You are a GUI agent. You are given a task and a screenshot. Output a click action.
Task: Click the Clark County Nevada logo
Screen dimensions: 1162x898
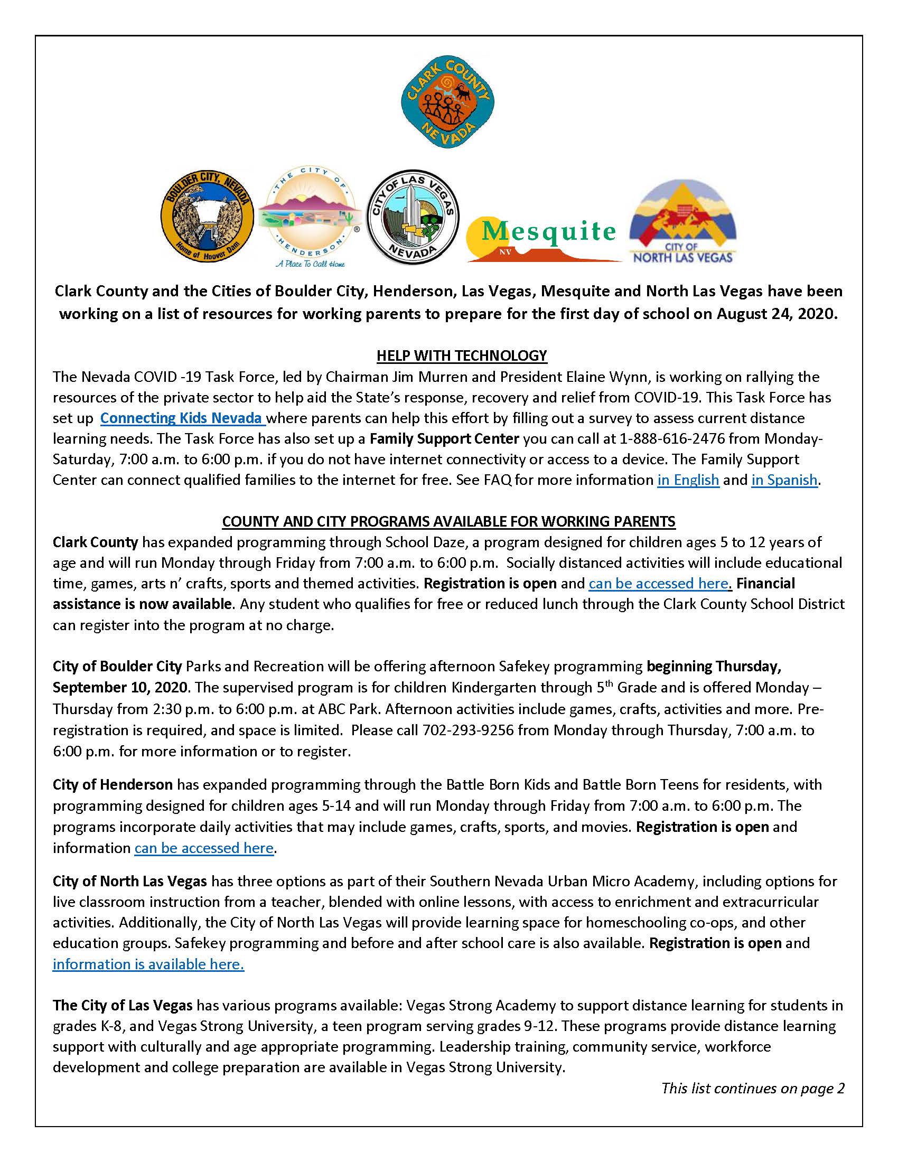[x=448, y=101]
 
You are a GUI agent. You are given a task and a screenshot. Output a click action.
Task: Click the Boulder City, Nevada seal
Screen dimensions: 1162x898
[x=207, y=217]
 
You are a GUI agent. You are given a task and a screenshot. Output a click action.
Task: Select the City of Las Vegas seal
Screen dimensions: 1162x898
[x=413, y=217]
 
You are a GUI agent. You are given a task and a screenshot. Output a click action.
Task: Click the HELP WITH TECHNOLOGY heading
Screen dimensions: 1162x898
[x=461, y=355]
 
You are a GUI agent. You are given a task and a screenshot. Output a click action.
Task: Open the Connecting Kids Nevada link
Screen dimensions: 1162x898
[x=182, y=418]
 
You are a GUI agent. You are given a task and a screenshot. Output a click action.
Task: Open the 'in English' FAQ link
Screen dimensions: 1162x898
[x=688, y=480]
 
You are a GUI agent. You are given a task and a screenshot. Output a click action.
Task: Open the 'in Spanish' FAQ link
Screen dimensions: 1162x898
[x=784, y=480]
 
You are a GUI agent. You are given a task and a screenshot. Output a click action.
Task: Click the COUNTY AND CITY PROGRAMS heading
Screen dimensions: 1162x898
[x=448, y=521]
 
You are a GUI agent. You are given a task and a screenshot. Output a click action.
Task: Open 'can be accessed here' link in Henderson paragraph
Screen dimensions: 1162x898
[x=204, y=848]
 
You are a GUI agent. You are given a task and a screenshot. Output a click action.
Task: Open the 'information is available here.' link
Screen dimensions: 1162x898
[x=148, y=964]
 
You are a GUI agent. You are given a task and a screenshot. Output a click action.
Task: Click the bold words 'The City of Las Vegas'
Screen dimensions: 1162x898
[x=123, y=1006]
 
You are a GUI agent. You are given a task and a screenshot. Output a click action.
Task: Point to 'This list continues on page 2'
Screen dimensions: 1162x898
[x=752, y=1088]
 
